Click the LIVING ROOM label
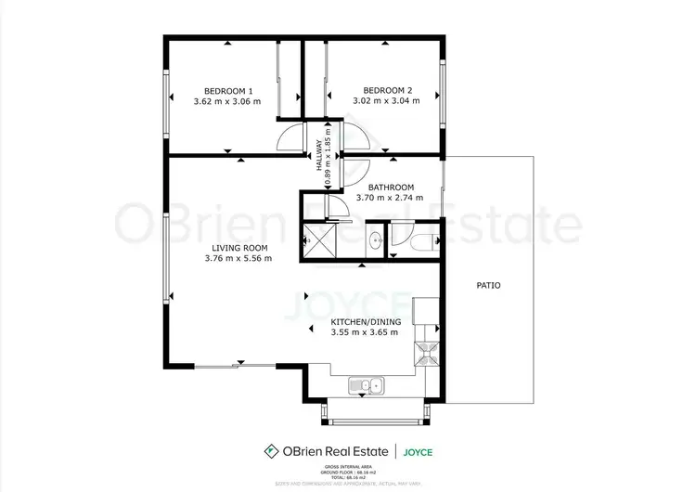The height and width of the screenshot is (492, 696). click(239, 248)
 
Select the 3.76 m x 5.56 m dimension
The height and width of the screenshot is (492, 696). click(239, 258)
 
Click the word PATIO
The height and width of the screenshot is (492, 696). click(488, 286)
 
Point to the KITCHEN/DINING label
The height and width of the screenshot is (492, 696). click(366, 322)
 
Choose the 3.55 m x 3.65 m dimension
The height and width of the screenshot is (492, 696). click(366, 332)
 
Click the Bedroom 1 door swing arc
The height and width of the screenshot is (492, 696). click(291, 137)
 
